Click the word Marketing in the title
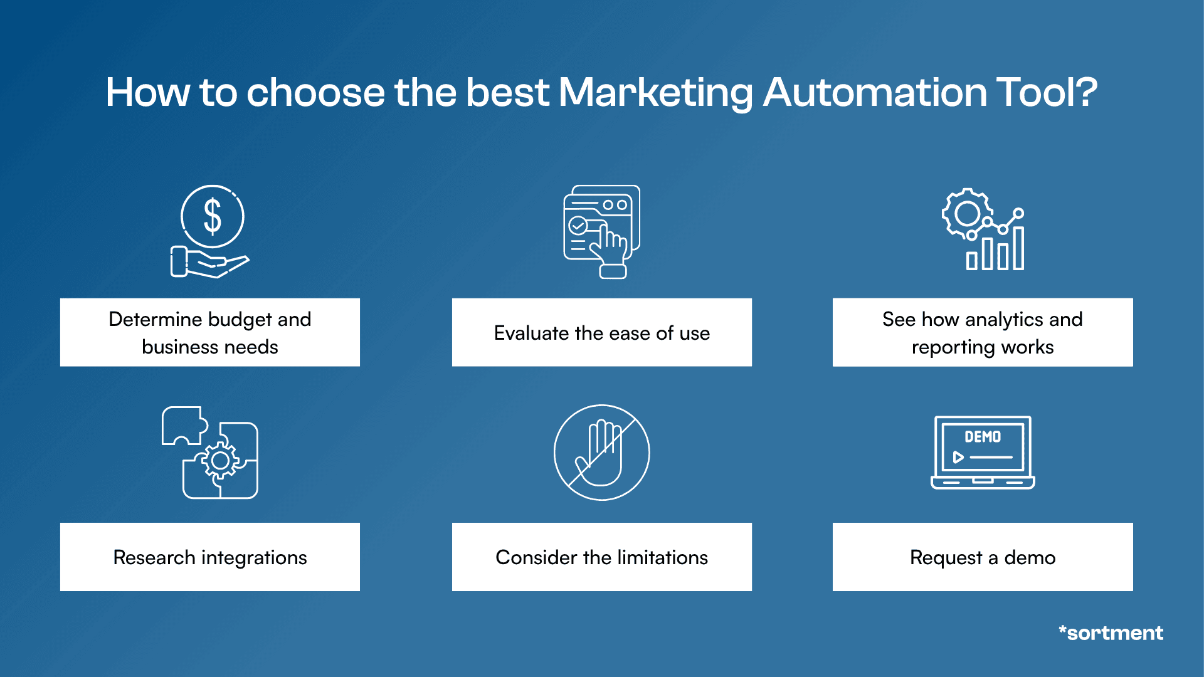click(x=655, y=93)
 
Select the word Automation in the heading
click(x=875, y=93)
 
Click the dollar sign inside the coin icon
click(x=213, y=216)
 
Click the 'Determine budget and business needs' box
click(x=210, y=332)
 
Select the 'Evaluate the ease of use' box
click(x=601, y=332)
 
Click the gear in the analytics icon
click(x=966, y=214)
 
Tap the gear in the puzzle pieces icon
click(x=220, y=461)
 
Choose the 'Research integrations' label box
click(x=210, y=557)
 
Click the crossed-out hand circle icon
click(x=601, y=452)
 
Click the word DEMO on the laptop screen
click(x=982, y=437)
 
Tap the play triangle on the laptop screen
click(x=958, y=457)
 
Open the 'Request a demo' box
click(x=982, y=557)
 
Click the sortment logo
click(x=1111, y=633)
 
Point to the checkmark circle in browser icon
click(x=577, y=225)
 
